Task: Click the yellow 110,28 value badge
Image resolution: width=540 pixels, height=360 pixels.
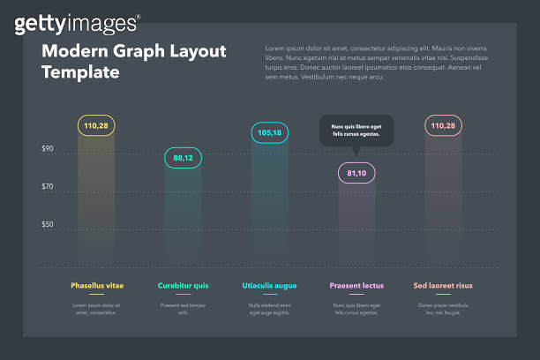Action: (x=96, y=126)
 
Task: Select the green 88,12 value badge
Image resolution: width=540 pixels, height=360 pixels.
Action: (x=183, y=158)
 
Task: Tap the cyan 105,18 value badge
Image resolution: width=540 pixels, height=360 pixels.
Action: (x=269, y=133)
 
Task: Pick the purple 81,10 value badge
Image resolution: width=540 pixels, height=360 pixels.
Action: (x=356, y=173)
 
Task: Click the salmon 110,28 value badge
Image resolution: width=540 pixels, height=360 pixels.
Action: (x=443, y=126)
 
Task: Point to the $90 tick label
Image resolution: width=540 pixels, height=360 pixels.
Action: (x=48, y=149)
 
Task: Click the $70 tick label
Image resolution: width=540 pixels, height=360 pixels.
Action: (x=48, y=187)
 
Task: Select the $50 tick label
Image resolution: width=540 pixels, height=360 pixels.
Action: (x=48, y=225)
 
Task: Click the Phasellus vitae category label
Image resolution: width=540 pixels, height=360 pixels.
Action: (x=97, y=286)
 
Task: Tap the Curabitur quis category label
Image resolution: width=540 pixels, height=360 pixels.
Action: (x=183, y=286)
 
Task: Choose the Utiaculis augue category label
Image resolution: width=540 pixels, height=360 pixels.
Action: (x=269, y=286)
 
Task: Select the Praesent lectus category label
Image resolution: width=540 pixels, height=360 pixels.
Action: (x=356, y=286)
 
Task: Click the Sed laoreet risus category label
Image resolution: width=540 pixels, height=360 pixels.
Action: (x=443, y=286)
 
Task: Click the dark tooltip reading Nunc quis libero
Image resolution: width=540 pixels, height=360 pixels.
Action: (x=356, y=131)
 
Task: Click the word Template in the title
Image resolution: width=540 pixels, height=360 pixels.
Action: (x=80, y=72)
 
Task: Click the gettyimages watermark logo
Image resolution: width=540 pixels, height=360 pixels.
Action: (x=77, y=23)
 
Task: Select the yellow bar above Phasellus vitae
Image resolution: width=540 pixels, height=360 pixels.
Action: (x=96, y=203)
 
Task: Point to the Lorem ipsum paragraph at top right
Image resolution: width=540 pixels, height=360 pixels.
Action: (x=374, y=62)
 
